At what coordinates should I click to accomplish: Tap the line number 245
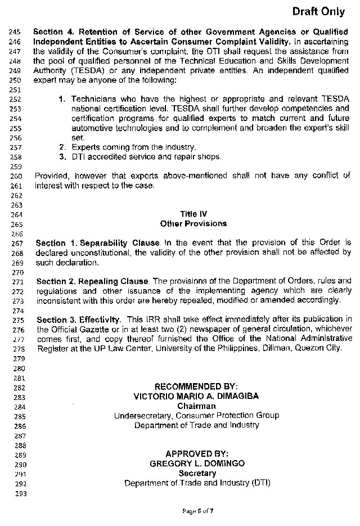tap(15, 32)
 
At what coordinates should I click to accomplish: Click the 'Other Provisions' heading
tap(193, 223)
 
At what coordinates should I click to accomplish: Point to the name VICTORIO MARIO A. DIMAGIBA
tap(196, 396)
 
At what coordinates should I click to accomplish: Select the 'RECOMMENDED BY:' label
tap(196, 386)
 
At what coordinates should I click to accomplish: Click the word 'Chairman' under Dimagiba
tap(196, 406)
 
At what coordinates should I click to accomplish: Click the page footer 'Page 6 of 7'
tap(197, 511)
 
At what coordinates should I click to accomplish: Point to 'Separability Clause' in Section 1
tap(120, 244)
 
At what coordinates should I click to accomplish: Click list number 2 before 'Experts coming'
tap(62, 147)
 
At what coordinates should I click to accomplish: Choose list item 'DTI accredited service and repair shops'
tap(146, 157)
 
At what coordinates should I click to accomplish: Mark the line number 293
tap(15, 493)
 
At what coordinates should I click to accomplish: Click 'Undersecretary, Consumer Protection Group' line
tap(196, 416)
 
